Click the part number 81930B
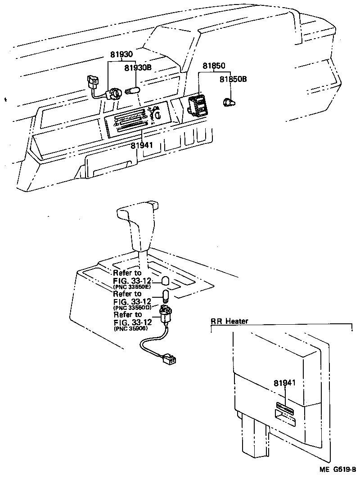point(137,68)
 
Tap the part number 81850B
point(233,79)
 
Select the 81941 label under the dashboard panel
point(142,145)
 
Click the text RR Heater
point(229,321)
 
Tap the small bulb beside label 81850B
point(229,103)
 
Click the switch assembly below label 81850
point(198,105)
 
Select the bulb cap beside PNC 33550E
point(165,281)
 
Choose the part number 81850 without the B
point(213,66)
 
